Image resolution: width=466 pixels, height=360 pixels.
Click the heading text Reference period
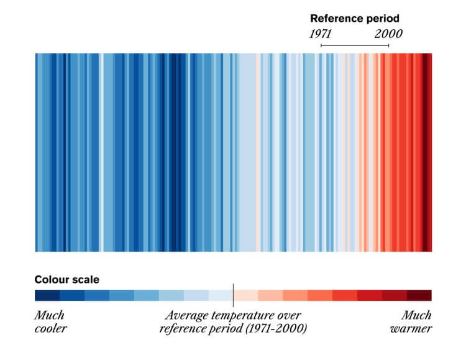[354, 19]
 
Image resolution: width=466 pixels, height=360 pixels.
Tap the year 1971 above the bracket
[321, 34]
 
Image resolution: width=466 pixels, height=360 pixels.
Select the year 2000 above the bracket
[388, 34]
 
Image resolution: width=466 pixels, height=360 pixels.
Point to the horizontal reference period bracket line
[355, 46]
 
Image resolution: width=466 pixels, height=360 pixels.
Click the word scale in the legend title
[85, 280]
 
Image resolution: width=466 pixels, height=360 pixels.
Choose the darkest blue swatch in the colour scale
[47, 295]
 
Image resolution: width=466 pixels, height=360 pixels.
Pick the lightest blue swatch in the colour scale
[221, 295]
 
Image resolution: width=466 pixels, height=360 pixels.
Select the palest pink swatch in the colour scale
[246, 295]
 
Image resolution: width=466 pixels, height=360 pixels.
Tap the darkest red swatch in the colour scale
[419, 295]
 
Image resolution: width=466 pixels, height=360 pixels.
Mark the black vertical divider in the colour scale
[233, 295]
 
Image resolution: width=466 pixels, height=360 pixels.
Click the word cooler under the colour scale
[50, 328]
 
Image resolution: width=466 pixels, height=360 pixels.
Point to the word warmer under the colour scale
[411, 328]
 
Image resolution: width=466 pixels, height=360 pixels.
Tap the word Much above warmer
[416, 315]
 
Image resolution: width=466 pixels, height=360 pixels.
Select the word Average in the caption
[185, 315]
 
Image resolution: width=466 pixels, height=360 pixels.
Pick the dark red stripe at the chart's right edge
[427, 152]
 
